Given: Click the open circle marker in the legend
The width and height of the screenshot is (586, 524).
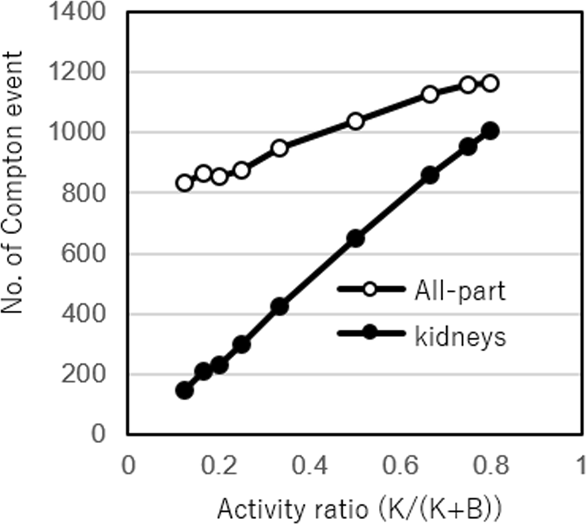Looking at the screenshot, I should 370,291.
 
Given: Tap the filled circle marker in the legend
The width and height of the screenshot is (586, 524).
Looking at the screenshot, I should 370,334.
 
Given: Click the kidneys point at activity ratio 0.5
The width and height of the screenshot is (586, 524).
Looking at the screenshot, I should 355,238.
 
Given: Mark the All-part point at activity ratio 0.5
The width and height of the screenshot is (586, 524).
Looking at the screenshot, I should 355,121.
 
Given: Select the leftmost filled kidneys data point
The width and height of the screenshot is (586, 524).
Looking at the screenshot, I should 184,390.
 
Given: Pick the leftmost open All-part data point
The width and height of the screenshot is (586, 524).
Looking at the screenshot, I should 184,183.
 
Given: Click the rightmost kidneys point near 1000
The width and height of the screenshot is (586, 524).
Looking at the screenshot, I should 490,131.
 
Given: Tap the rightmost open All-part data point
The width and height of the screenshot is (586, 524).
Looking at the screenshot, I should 490,83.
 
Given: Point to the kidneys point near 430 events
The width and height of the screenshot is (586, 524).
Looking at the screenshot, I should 279,306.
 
